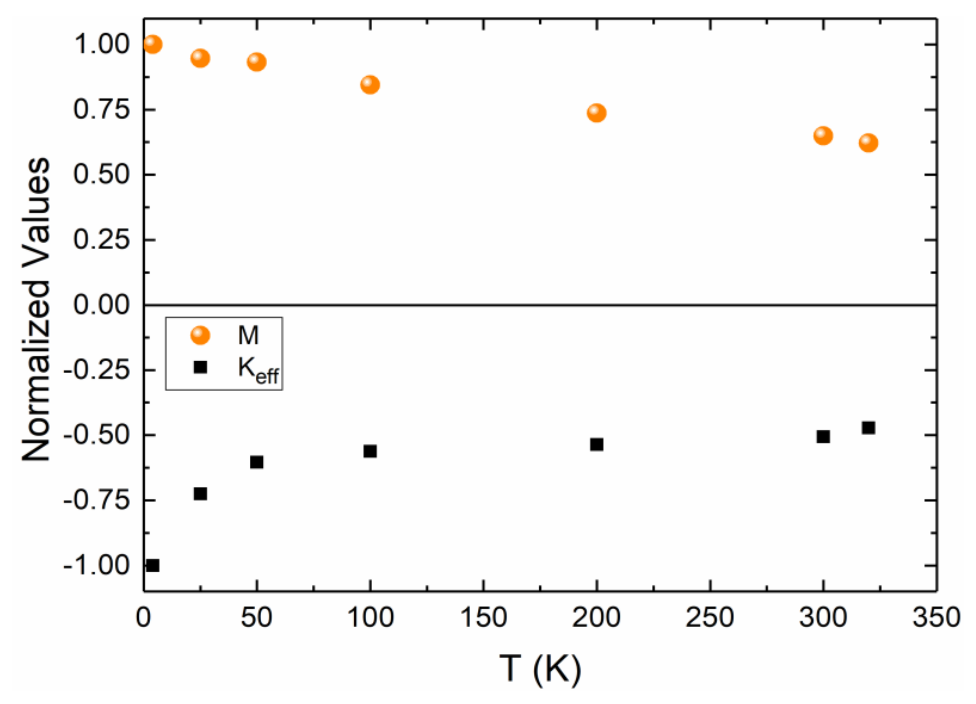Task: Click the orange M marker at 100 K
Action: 370,85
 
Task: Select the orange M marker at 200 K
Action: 597,113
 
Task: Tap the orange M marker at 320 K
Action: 868,143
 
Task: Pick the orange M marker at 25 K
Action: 200,58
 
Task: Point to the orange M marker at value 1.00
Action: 153,44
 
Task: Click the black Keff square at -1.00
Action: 153,566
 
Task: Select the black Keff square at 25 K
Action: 200,494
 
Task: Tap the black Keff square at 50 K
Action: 257,462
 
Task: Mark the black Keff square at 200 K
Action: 597,444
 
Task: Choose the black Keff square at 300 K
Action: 823,437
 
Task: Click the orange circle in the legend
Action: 200,335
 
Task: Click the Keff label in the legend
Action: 258,369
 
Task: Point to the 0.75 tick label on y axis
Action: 101,109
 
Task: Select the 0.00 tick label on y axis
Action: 101,305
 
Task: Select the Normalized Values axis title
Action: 37,310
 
